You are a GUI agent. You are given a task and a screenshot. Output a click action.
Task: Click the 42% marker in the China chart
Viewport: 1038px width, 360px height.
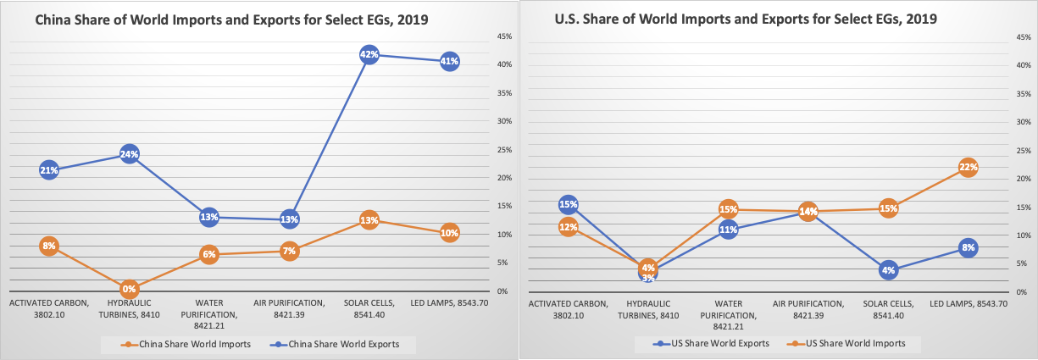coord(369,55)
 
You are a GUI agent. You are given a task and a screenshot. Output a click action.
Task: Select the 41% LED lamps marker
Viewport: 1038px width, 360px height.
coord(449,61)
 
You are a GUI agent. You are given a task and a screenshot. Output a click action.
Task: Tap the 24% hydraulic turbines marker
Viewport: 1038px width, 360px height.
coord(129,154)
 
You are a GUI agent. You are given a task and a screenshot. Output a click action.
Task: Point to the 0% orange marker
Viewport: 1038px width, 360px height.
coord(129,289)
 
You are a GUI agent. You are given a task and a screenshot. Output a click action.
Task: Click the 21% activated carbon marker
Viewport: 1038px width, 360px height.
coord(48,170)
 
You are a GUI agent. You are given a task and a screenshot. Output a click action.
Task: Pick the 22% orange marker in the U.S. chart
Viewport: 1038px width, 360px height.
coord(969,167)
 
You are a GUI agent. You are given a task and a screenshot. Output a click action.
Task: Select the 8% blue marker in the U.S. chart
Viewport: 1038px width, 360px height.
coord(969,248)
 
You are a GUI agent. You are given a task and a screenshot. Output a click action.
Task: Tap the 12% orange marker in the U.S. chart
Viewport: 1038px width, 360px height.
coord(568,226)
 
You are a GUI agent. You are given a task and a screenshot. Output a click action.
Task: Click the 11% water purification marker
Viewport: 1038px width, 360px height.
coord(728,229)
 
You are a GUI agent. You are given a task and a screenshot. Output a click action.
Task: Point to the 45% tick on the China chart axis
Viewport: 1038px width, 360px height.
coord(503,36)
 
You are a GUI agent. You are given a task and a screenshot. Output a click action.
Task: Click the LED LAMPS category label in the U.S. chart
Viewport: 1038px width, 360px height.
coord(969,303)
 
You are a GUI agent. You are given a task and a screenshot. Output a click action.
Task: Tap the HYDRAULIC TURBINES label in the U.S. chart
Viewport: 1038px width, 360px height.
coord(648,309)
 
